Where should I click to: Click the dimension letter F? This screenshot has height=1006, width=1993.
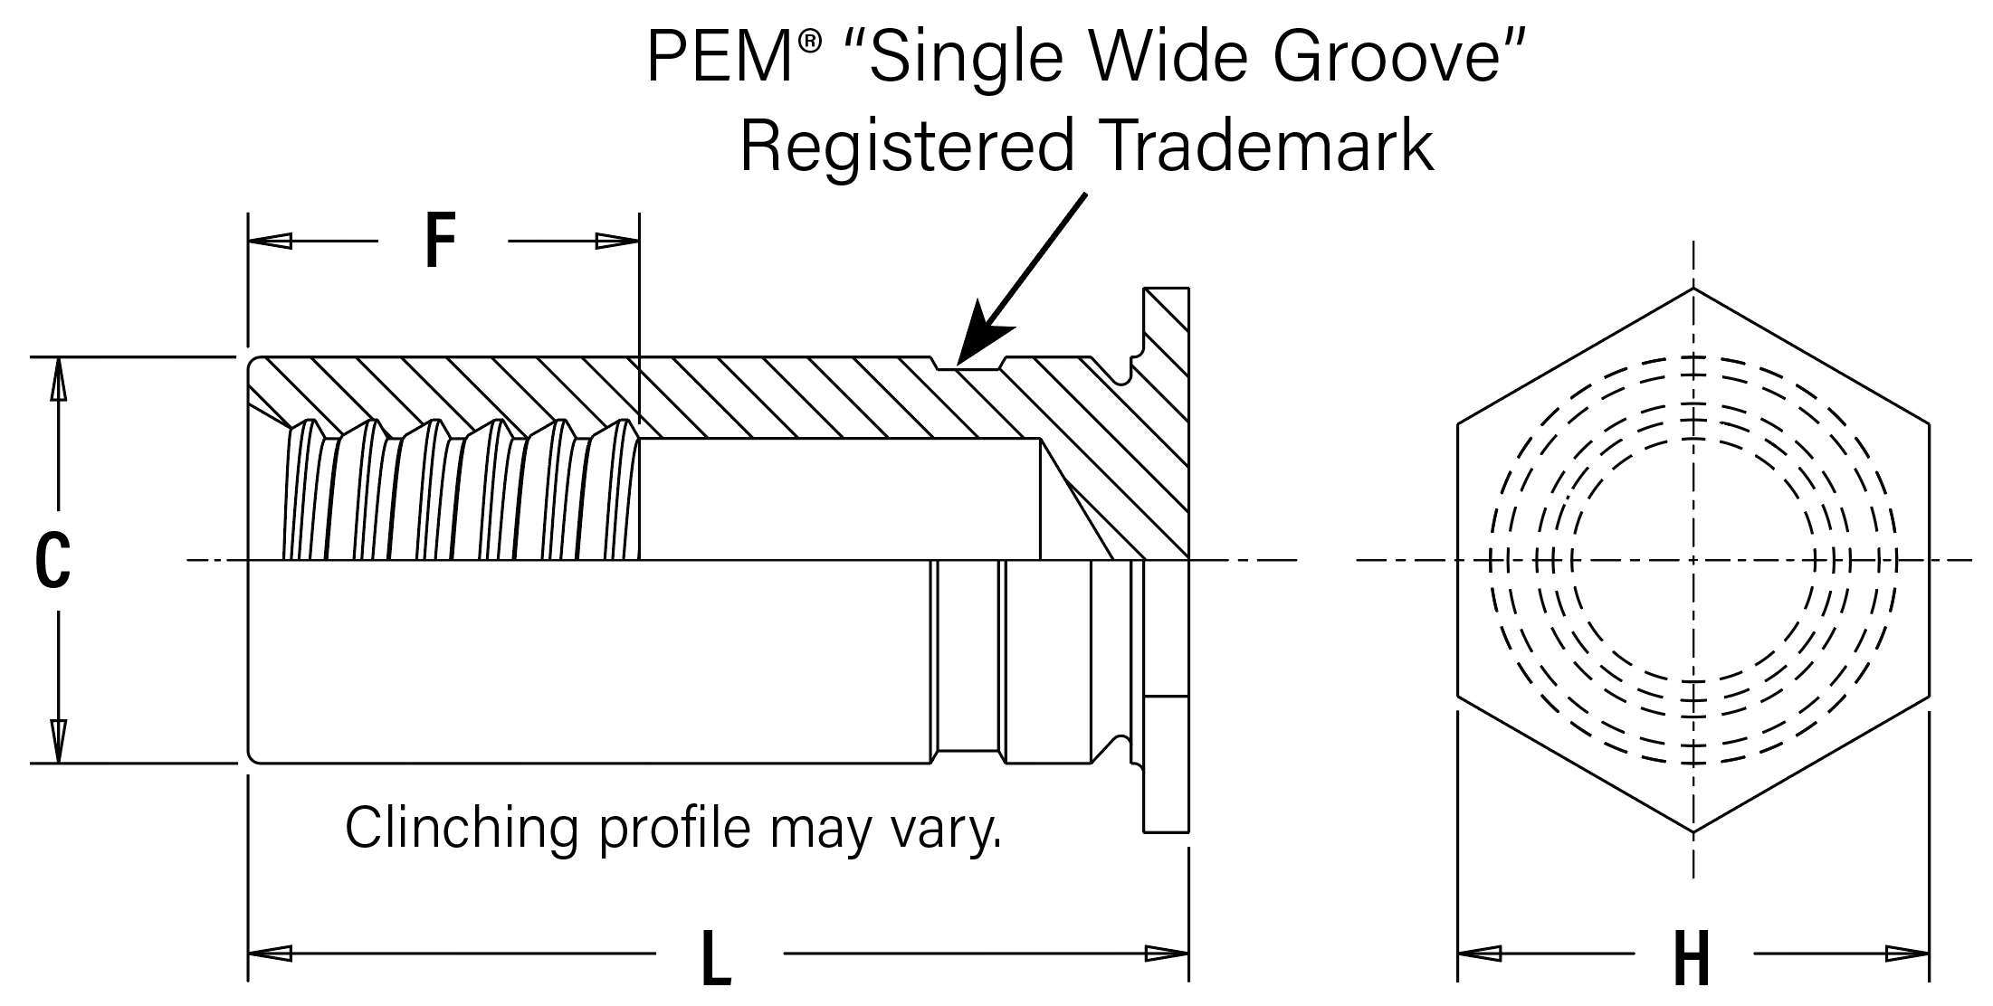(440, 242)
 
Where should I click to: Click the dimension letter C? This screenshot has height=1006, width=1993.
(52, 561)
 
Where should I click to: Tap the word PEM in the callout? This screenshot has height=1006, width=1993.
(720, 56)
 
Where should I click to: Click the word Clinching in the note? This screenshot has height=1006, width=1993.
(462, 828)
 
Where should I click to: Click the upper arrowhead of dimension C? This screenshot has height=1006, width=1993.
(58, 379)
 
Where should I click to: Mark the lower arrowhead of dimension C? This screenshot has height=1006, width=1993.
(58, 741)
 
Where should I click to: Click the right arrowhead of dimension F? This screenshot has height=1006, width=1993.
(617, 242)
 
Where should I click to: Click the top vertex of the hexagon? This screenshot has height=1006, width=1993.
(1693, 288)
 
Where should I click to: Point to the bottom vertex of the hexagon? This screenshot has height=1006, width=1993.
(1693, 831)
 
